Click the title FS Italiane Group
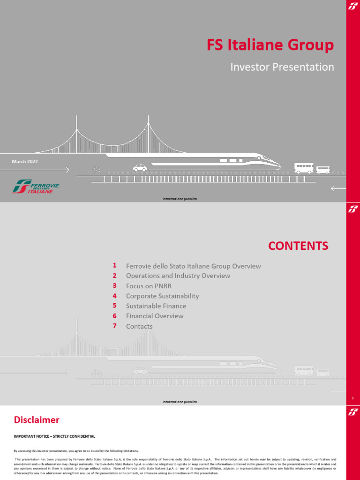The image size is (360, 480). coord(270,45)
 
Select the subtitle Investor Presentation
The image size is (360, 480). coord(282,67)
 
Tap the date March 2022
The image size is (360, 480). coord(25,161)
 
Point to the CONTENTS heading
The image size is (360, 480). coord(298,246)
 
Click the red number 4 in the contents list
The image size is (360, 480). coord(114,296)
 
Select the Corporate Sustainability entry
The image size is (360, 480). coord(162,296)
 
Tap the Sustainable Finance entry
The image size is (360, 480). coord(156,306)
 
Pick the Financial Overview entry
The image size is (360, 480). coord(155,316)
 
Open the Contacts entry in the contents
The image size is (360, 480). coord(139,326)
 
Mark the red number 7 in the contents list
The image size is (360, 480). coord(114,326)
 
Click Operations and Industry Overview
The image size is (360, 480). coord(178,276)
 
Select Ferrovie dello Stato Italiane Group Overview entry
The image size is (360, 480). coord(193,266)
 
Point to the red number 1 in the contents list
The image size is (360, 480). coord(114,265)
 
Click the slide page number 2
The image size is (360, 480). coord(352,398)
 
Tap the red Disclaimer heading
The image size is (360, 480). coord(37,419)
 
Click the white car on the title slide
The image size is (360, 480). coord(140,167)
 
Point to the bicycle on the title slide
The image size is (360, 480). coord(97,170)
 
